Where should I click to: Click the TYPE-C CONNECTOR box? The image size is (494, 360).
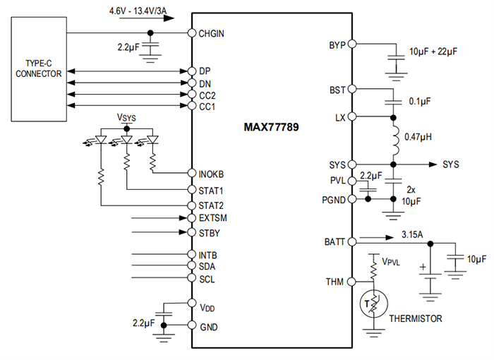tap(38, 68)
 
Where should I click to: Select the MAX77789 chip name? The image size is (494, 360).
tap(272, 128)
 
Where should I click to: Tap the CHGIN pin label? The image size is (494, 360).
tap(212, 33)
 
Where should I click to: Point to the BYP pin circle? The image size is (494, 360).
tap(351, 44)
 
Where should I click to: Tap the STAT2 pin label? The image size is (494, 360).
tap(212, 205)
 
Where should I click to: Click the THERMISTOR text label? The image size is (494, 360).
tap(416, 319)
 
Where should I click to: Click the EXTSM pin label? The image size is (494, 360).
tap(213, 218)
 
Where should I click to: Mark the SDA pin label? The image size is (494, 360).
tap(207, 266)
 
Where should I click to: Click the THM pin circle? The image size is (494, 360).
tap(351, 282)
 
